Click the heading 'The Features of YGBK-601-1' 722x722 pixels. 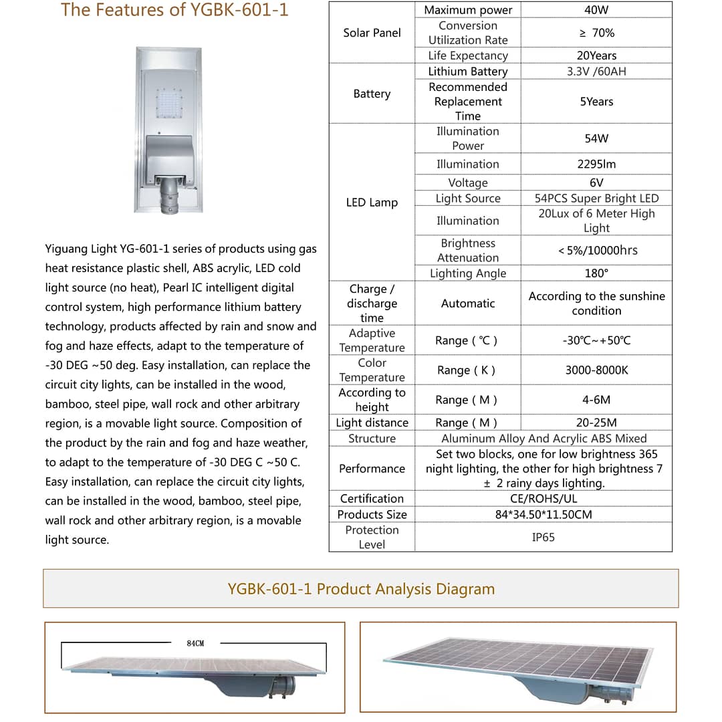point(174,10)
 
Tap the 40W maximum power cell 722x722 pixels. point(596,10)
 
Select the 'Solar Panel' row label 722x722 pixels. point(372,33)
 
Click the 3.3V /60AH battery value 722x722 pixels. point(596,72)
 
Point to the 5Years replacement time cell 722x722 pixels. point(596,102)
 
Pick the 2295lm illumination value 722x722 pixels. point(596,164)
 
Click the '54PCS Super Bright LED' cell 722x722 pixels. point(596,199)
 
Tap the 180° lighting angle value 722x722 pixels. point(596,273)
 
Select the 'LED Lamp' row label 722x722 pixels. point(372,203)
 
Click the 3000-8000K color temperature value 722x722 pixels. point(596,370)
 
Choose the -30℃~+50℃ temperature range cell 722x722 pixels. point(596,341)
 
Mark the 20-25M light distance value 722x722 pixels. point(596,423)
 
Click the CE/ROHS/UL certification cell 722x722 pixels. point(543,499)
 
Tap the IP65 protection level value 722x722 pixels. point(543,537)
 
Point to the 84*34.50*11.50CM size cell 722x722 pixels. point(543,515)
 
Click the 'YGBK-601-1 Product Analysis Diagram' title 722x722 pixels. point(361,589)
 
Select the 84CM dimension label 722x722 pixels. point(195,643)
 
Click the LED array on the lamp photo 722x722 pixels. point(169,104)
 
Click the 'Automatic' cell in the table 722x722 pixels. point(467,304)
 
